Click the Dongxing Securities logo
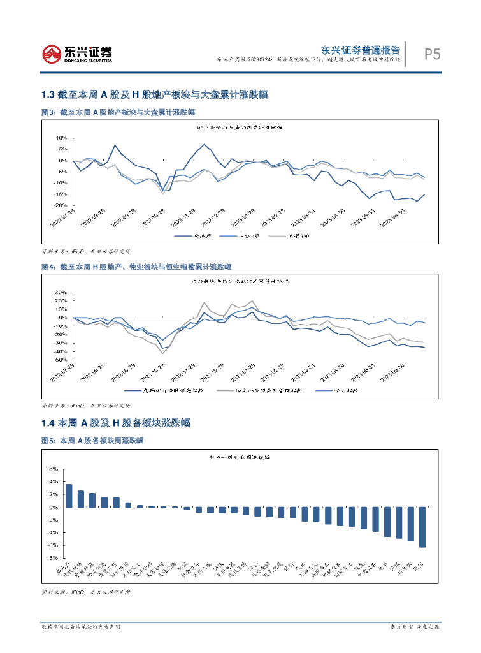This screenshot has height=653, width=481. (77, 54)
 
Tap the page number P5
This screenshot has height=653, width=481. (433, 55)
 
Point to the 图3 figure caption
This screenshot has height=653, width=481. (118, 112)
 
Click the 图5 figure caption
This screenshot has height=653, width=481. (92, 441)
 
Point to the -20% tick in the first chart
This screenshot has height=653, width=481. (61, 205)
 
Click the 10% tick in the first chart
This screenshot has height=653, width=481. (62, 138)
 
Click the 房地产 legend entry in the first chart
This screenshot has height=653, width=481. (188, 236)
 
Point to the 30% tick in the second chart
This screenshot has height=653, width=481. (61, 293)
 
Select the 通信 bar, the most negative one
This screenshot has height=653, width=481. (422, 527)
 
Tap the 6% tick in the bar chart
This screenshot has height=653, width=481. (54, 469)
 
